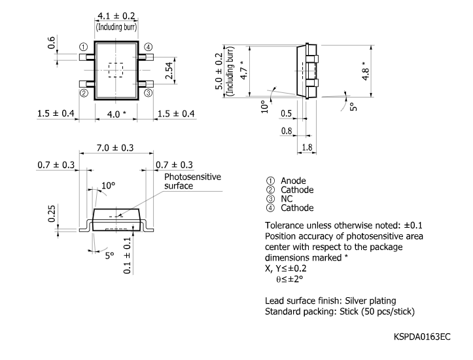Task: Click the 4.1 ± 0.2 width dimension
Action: pos(116,16)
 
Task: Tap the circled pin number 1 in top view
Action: pos(84,47)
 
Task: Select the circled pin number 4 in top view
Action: pos(149,47)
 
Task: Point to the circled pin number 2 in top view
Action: pos(84,93)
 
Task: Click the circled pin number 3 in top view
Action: pos(149,93)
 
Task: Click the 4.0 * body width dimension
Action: pos(116,114)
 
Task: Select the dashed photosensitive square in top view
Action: pos(116,69)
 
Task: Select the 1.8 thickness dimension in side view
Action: pos(307,148)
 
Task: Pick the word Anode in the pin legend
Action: pos(294,181)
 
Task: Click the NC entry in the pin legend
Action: pos(288,199)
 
